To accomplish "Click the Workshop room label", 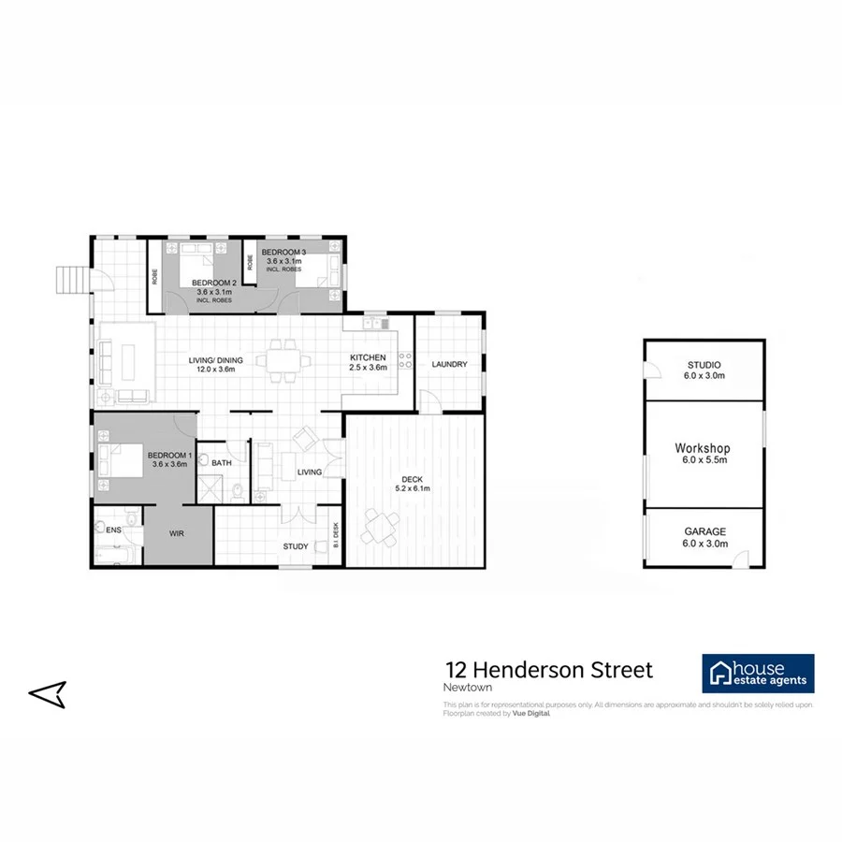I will pyautogui.click(x=703, y=448).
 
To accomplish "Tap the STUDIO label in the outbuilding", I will pyautogui.click(x=704, y=365).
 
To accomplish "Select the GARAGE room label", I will pyautogui.click(x=704, y=530).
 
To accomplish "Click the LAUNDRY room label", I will pyautogui.click(x=449, y=364).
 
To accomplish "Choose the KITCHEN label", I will pyautogui.click(x=368, y=358).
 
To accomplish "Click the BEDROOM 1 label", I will pyautogui.click(x=169, y=457).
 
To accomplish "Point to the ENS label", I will pyautogui.click(x=114, y=530).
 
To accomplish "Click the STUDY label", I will pyautogui.click(x=296, y=546).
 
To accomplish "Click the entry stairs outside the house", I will pyautogui.click(x=71, y=279).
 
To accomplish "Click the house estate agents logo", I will pyautogui.click(x=758, y=674).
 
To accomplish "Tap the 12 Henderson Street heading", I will pyautogui.click(x=549, y=670).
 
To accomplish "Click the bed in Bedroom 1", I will pyautogui.click(x=121, y=459).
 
